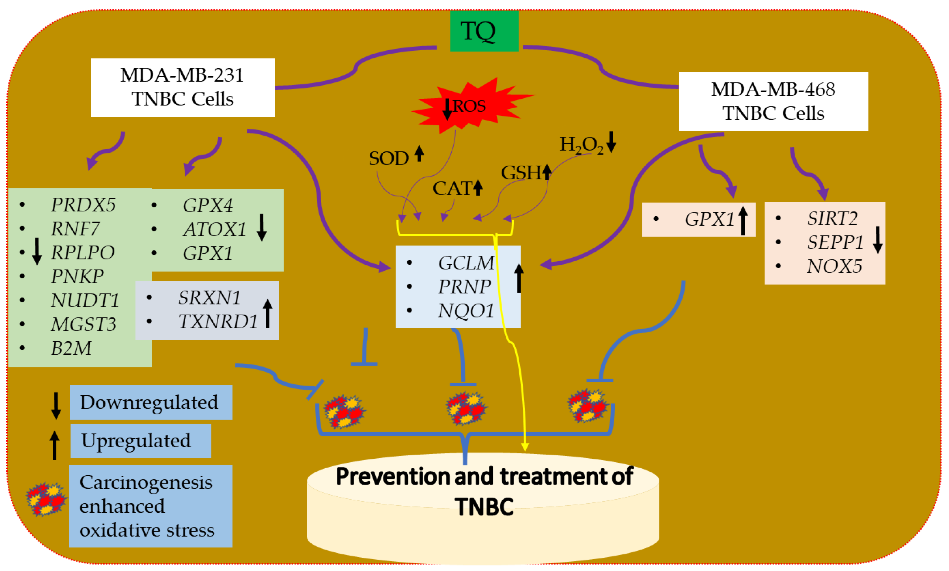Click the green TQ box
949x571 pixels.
click(484, 31)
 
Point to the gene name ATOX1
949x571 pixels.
click(214, 229)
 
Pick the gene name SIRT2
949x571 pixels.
click(832, 218)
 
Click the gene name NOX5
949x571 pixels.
click(834, 266)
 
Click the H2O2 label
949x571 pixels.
click(581, 145)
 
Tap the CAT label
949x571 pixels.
click(452, 188)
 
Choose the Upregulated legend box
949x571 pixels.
click(140, 441)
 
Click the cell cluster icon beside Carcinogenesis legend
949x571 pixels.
click(46, 499)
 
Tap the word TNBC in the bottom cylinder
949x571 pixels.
click(484, 506)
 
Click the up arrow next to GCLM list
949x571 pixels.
click(518, 278)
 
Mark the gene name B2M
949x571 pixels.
click(71, 348)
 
